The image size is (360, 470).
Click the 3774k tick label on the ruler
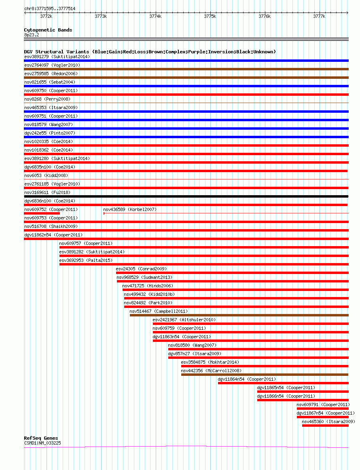tap(155, 16)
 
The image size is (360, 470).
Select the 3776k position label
tap(265, 16)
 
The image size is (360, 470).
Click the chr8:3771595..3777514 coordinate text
tap(50, 8)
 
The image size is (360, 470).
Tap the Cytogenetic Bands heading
tap(48, 30)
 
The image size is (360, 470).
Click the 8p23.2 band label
tap(32, 35)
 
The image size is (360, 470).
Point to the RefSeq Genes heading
tap(41, 438)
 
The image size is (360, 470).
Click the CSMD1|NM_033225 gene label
tap(42, 443)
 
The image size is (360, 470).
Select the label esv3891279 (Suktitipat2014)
tap(57, 57)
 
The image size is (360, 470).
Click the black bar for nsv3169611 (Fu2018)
tap(186, 196)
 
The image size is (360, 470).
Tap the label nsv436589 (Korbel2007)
tap(130, 209)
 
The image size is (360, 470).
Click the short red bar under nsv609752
tap(42, 213)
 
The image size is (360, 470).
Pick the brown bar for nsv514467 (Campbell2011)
tap(239, 315)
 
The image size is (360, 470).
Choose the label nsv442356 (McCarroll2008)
tap(211, 371)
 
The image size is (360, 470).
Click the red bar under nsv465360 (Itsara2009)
tap(325, 426)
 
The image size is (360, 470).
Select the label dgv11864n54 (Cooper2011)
tap(247, 379)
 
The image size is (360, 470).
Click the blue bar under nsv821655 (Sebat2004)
tap(186, 86)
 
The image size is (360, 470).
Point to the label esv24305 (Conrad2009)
tap(141, 269)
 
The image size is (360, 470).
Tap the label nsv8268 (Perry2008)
tap(47, 99)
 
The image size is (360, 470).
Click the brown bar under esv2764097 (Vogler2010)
tap(186, 69)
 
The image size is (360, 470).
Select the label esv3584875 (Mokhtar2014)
tap(210, 362)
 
